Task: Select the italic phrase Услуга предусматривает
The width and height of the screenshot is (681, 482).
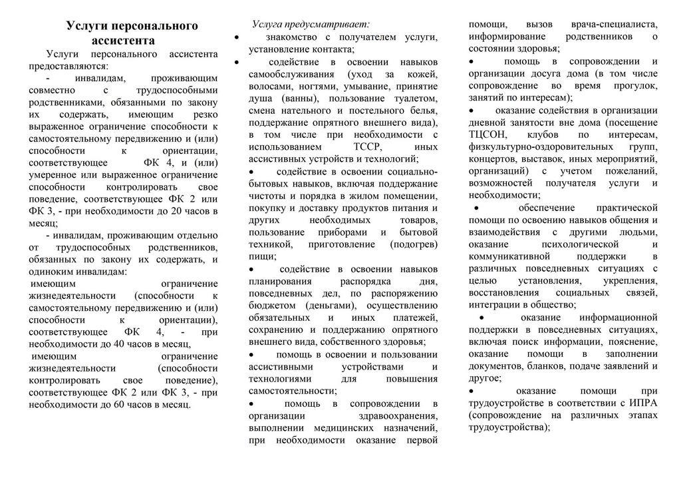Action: click(x=311, y=24)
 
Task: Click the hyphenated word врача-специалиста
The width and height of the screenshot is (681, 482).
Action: click(x=615, y=24)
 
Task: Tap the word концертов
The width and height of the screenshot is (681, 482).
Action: click(x=493, y=158)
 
